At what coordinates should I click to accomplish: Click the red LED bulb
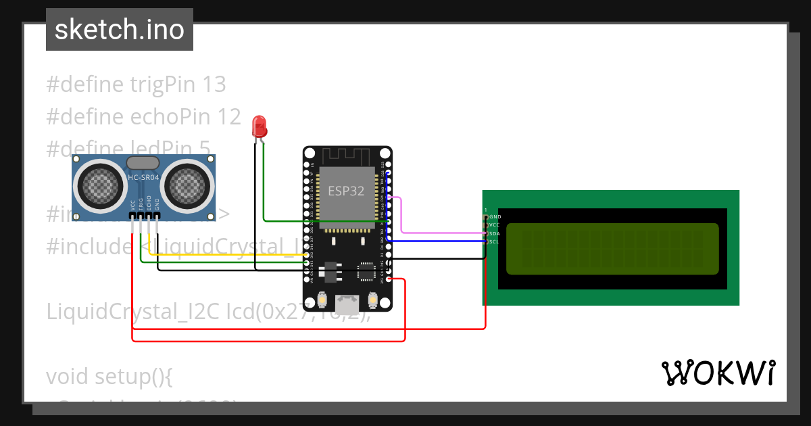pyautogui.click(x=258, y=126)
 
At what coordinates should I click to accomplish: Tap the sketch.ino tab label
pyautogui.click(x=120, y=30)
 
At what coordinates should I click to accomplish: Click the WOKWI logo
pyautogui.click(x=717, y=373)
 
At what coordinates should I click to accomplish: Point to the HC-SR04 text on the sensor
pyautogui.click(x=143, y=178)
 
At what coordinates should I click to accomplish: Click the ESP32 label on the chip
pyautogui.click(x=346, y=191)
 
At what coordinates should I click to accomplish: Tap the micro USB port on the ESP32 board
pyautogui.click(x=347, y=305)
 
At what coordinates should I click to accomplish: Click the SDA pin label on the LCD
pyautogui.click(x=494, y=233)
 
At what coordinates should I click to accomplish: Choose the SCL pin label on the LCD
pyautogui.click(x=494, y=241)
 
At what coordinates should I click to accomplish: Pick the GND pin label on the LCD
pyautogui.click(x=495, y=216)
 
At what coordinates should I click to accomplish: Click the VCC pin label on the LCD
pyautogui.click(x=494, y=224)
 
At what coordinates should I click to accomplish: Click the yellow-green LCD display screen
pyautogui.click(x=612, y=249)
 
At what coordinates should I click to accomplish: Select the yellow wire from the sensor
pyautogui.click(x=223, y=255)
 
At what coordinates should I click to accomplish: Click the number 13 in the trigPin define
pyautogui.click(x=214, y=85)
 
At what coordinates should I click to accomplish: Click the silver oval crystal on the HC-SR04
pyautogui.click(x=143, y=162)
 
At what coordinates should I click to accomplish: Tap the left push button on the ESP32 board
pyautogui.click(x=322, y=300)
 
